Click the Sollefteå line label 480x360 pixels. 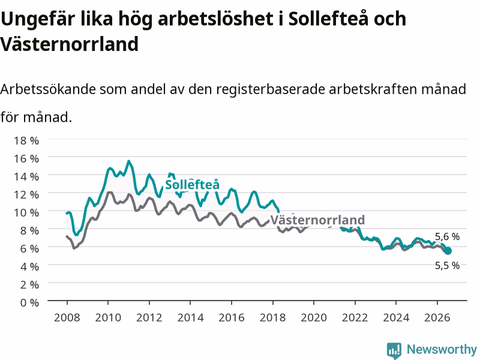[192, 185]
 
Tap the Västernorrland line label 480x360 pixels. [317, 220]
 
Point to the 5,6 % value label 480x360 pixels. [447, 236]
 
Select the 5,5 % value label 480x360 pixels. [447, 265]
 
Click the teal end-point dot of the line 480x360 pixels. [448, 251]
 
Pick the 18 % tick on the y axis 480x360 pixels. [26, 140]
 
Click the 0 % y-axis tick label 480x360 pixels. [29, 302]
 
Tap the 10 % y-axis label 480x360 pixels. [26, 212]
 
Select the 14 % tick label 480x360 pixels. [26, 176]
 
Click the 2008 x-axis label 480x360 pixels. [67, 317]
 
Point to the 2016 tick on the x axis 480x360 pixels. [232, 317]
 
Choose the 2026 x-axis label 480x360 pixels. [437, 317]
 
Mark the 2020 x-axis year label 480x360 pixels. [314, 317]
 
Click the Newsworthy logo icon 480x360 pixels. [394, 350]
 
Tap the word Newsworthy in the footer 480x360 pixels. [442, 349]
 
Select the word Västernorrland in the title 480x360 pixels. [70, 44]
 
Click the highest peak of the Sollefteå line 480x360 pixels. [129, 161]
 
